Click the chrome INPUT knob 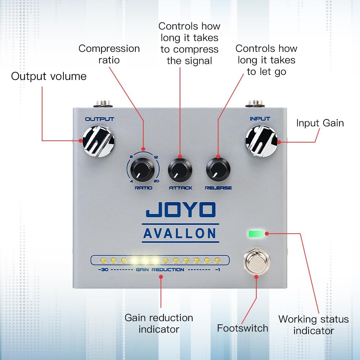(261, 141)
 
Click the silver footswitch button (256, 260)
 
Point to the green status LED (256, 234)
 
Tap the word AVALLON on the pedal (180, 233)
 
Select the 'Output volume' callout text (49, 76)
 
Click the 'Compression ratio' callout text (109, 54)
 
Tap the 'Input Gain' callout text (320, 123)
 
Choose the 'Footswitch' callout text (242, 328)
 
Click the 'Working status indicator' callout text (314, 325)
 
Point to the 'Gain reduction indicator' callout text (159, 323)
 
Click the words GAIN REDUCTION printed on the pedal (160, 270)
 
